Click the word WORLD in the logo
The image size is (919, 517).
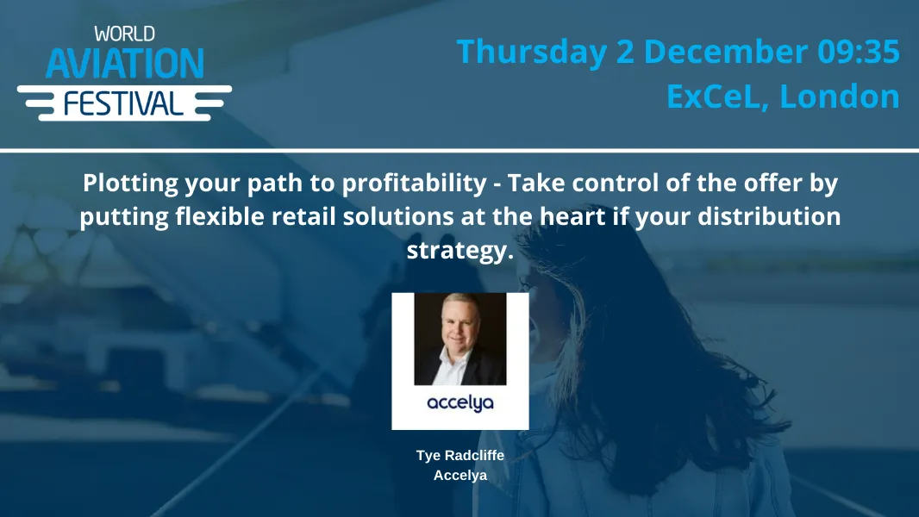pyautogui.click(x=124, y=34)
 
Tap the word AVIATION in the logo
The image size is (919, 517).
pyautogui.click(x=124, y=64)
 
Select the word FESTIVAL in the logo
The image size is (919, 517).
pyautogui.click(x=124, y=103)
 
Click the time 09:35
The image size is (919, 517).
pyautogui.click(x=859, y=52)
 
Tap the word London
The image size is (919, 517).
pyautogui.click(x=840, y=96)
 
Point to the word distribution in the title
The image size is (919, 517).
pyautogui.click(x=776, y=216)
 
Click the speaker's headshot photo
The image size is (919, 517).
pyautogui.click(x=459, y=339)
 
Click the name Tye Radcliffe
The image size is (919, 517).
pyautogui.click(x=459, y=456)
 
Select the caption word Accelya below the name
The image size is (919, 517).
pyautogui.click(x=459, y=475)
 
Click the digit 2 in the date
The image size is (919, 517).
pyautogui.click(x=625, y=52)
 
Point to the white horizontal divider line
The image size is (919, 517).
pyautogui.click(x=459, y=151)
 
